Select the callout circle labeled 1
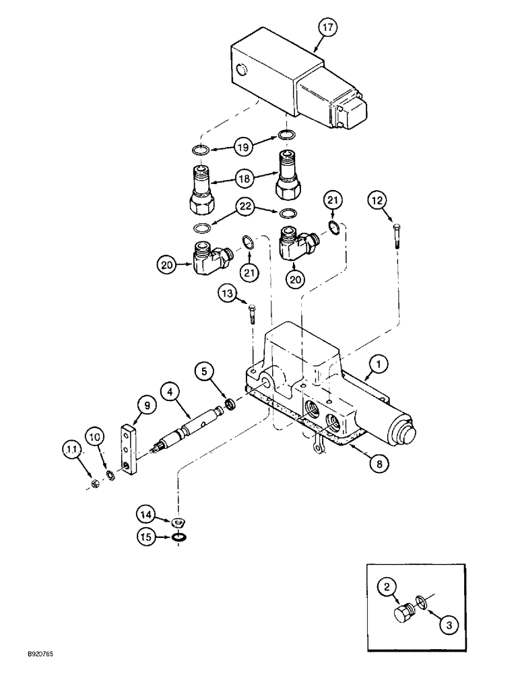(379, 365)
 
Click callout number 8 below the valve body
(378, 464)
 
